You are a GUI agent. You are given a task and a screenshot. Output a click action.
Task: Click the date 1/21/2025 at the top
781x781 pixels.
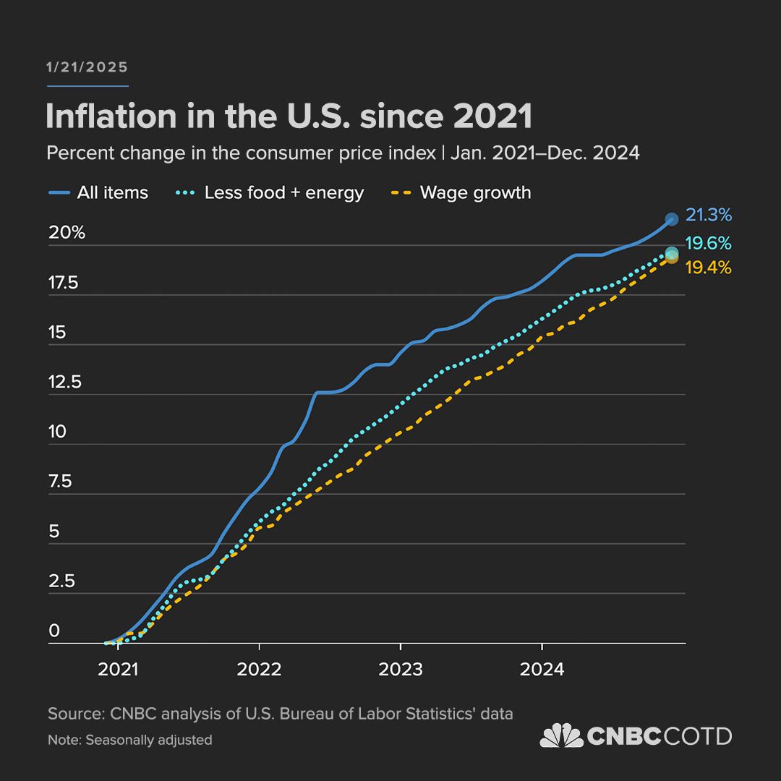pos(87,67)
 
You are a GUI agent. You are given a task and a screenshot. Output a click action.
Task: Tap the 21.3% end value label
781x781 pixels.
pos(709,215)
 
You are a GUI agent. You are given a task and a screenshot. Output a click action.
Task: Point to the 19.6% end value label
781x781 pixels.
pos(709,243)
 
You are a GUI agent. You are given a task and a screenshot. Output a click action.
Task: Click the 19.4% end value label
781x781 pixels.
pos(708,268)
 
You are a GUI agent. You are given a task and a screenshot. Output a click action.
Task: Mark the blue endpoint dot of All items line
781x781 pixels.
pos(671,218)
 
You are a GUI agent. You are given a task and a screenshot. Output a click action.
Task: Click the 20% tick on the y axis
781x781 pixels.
pos(67,233)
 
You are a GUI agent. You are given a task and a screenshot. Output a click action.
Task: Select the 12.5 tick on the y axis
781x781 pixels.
pos(65,382)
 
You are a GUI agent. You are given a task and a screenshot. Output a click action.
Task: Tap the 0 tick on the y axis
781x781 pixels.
pos(54,631)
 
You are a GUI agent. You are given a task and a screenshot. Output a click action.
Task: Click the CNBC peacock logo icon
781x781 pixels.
pos(561,735)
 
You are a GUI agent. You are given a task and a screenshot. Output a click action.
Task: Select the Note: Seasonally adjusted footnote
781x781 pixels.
pos(130,740)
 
